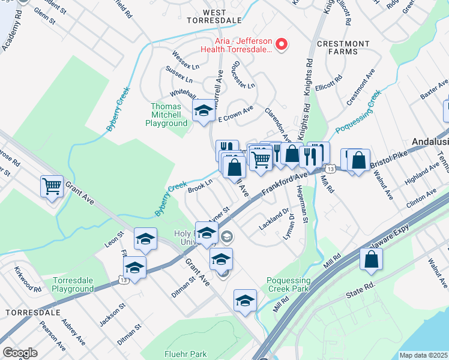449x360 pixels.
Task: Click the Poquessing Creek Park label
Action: coord(289,284)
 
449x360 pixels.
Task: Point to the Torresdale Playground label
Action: coord(73,284)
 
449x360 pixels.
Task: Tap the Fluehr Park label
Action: coord(185,354)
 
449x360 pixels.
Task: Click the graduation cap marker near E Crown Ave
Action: coord(203,110)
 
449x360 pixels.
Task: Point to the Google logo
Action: coord(20,352)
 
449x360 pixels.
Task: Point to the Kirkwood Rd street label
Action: coord(28,280)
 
